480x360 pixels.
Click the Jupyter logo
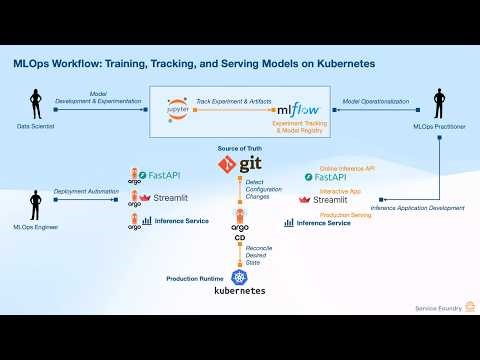pos(179,109)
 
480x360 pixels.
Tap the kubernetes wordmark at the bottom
pos(240,291)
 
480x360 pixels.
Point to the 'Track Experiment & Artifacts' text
pos(232,101)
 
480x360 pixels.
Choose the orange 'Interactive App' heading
pos(341,190)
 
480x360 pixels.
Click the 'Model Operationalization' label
pos(377,101)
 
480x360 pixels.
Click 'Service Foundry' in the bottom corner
pos(437,307)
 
